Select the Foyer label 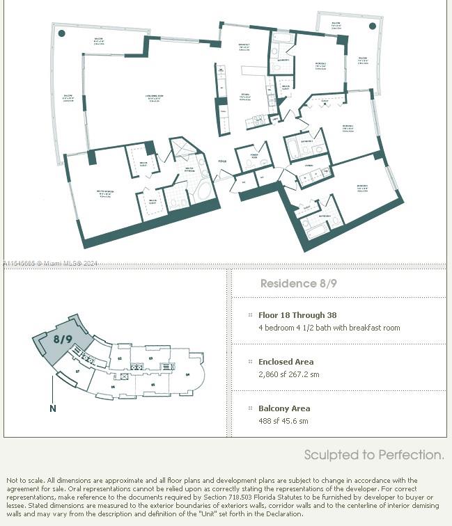222,161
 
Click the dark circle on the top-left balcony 62,33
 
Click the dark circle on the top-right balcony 373,26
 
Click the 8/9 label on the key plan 63,340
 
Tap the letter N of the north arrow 53,408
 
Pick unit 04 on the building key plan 187,374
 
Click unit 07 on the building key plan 77,372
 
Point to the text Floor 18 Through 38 297,315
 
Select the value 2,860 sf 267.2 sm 289,374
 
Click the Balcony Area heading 284,408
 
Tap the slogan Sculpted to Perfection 374,455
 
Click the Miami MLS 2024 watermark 50,264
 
